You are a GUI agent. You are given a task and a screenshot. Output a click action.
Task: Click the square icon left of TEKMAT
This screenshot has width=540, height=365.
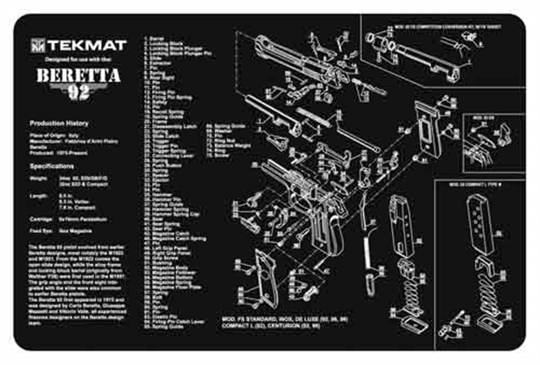(x=39, y=44)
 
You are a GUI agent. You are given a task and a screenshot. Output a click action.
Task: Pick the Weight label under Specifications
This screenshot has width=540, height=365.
(x=36, y=179)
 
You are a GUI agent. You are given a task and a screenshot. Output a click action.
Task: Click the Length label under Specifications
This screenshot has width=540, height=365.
(x=36, y=198)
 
